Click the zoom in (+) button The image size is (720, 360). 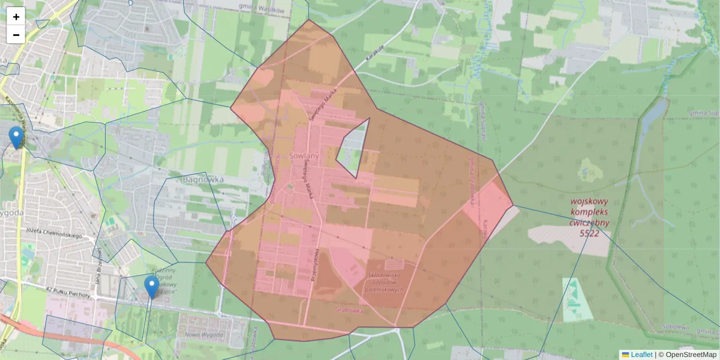16,17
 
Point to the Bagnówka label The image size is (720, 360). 203,179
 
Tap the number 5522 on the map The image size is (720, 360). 589,233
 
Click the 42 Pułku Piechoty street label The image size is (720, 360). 68,293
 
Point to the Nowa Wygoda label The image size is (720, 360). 200,335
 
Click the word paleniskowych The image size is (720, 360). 383,289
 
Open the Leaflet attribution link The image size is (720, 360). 641,355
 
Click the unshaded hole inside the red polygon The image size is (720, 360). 353,147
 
